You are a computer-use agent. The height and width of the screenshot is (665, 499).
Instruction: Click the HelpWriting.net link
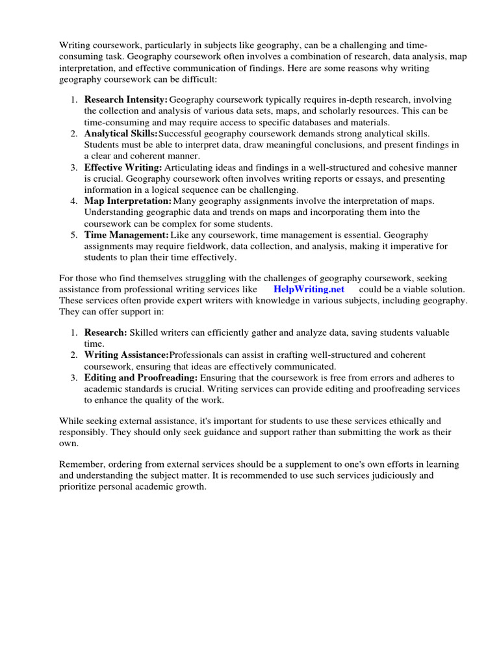coord(309,289)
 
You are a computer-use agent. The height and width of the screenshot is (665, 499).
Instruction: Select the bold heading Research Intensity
coord(126,99)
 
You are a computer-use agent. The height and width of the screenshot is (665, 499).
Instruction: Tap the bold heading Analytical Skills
coord(122,133)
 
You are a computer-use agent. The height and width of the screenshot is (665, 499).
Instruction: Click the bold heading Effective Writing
coord(123,167)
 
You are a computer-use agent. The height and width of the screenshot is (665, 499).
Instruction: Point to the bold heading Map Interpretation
coord(128,201)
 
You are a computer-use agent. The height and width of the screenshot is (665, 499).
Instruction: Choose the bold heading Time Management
coord(126,235)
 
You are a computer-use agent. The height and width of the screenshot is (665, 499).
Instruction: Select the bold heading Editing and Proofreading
coord(141,377)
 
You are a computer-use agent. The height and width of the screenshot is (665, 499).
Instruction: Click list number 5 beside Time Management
coord(73,235)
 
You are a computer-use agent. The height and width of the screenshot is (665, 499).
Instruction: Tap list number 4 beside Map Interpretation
coord(73,201)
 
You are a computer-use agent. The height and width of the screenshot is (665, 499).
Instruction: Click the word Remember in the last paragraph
coord(82,464)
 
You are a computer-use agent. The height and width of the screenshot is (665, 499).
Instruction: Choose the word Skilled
coord(146,332)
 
